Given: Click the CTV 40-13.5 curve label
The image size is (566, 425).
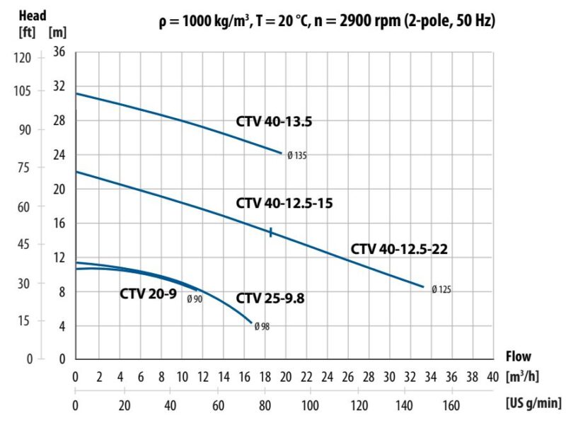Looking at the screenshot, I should tap(274, 122).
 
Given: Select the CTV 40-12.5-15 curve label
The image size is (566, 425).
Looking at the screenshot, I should tap(284, 204).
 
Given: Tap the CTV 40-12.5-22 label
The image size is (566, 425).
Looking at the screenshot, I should tap(399, 249).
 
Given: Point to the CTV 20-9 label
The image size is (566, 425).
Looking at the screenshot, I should tap(147, 294).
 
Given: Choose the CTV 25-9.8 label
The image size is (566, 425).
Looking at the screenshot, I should tap(270, 298).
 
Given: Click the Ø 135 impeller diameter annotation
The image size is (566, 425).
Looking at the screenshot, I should tap(298, 156).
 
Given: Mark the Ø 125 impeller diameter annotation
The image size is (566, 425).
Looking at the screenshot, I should tap(441, 289).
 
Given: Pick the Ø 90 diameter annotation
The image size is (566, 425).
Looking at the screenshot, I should tap(195, 299).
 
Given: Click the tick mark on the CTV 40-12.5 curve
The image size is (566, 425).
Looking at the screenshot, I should tap(270, 232).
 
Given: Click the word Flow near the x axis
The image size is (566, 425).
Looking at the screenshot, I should tap(518, 356).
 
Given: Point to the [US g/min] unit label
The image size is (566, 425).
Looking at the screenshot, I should tap(534, 406).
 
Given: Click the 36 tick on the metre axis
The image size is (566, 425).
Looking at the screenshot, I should tap(59, 52).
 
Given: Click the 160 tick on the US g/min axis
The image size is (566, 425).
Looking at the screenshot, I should tap(451, 407).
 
